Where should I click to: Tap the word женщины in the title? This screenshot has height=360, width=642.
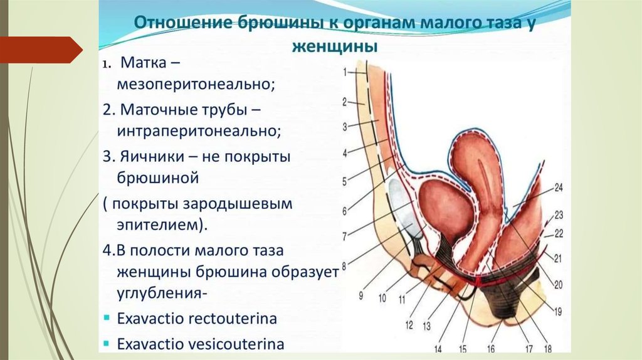tap(335, 46)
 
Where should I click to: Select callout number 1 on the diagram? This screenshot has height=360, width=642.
tap(345, 72)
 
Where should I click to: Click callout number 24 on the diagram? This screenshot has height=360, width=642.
tap(559, 187)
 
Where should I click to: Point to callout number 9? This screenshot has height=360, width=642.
tap(362, 295)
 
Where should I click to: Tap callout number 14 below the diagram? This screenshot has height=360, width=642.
tap(438, 348)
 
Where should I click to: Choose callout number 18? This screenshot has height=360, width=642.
tap(547, 348)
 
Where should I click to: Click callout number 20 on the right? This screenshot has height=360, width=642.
tap(558, 284)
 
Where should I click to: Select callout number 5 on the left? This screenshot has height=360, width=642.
tap(344, 183)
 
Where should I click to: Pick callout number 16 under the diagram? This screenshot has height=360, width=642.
tap(491, 348)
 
